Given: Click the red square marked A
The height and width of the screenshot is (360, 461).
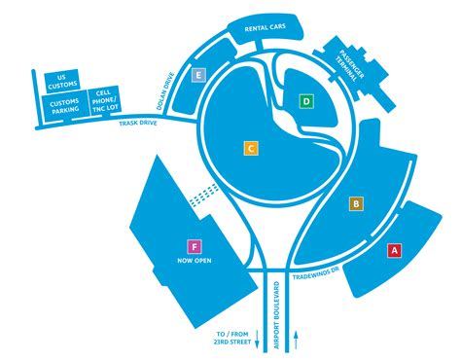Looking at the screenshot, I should pos(394,250).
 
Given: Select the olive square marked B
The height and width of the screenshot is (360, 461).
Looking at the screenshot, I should pos(356,203).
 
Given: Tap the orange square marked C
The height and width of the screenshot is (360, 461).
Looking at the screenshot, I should pos(250,148).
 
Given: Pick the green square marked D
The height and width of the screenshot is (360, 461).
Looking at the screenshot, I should pos(305,100).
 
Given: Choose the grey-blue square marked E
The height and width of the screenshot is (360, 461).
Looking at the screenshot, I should pos(199,75).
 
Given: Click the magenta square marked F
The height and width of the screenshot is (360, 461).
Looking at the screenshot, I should pos(195,247).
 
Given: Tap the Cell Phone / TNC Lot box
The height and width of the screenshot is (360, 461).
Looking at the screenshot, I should pos(103,100).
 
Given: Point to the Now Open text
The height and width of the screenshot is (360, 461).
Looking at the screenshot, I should pos(195,262).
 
